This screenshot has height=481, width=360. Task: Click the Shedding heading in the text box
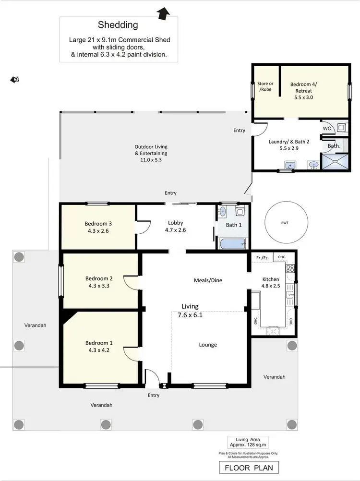[x=118, y=24]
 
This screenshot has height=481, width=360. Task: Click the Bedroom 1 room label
[x=99, y=343]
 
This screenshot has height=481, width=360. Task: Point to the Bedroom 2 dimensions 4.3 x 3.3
[x=99, y=286]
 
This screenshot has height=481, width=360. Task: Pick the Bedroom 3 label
[x=98, y=223]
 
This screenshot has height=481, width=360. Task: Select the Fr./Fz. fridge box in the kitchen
[x=261, y=258]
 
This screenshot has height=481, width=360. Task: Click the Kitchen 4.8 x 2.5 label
[x=271, y=283]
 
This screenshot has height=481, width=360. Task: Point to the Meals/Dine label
[x=208, y=280]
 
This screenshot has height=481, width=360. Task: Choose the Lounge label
[x=208, y=345]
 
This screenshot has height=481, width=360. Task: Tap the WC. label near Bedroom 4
[x=327, y=129]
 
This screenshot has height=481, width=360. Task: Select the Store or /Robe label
[x=265, y=87]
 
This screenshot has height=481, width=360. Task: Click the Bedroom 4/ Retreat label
[x=303, y=90]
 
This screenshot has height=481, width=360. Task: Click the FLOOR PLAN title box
[x=248, y=467]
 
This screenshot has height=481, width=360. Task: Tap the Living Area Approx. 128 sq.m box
[x=248, y=442]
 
